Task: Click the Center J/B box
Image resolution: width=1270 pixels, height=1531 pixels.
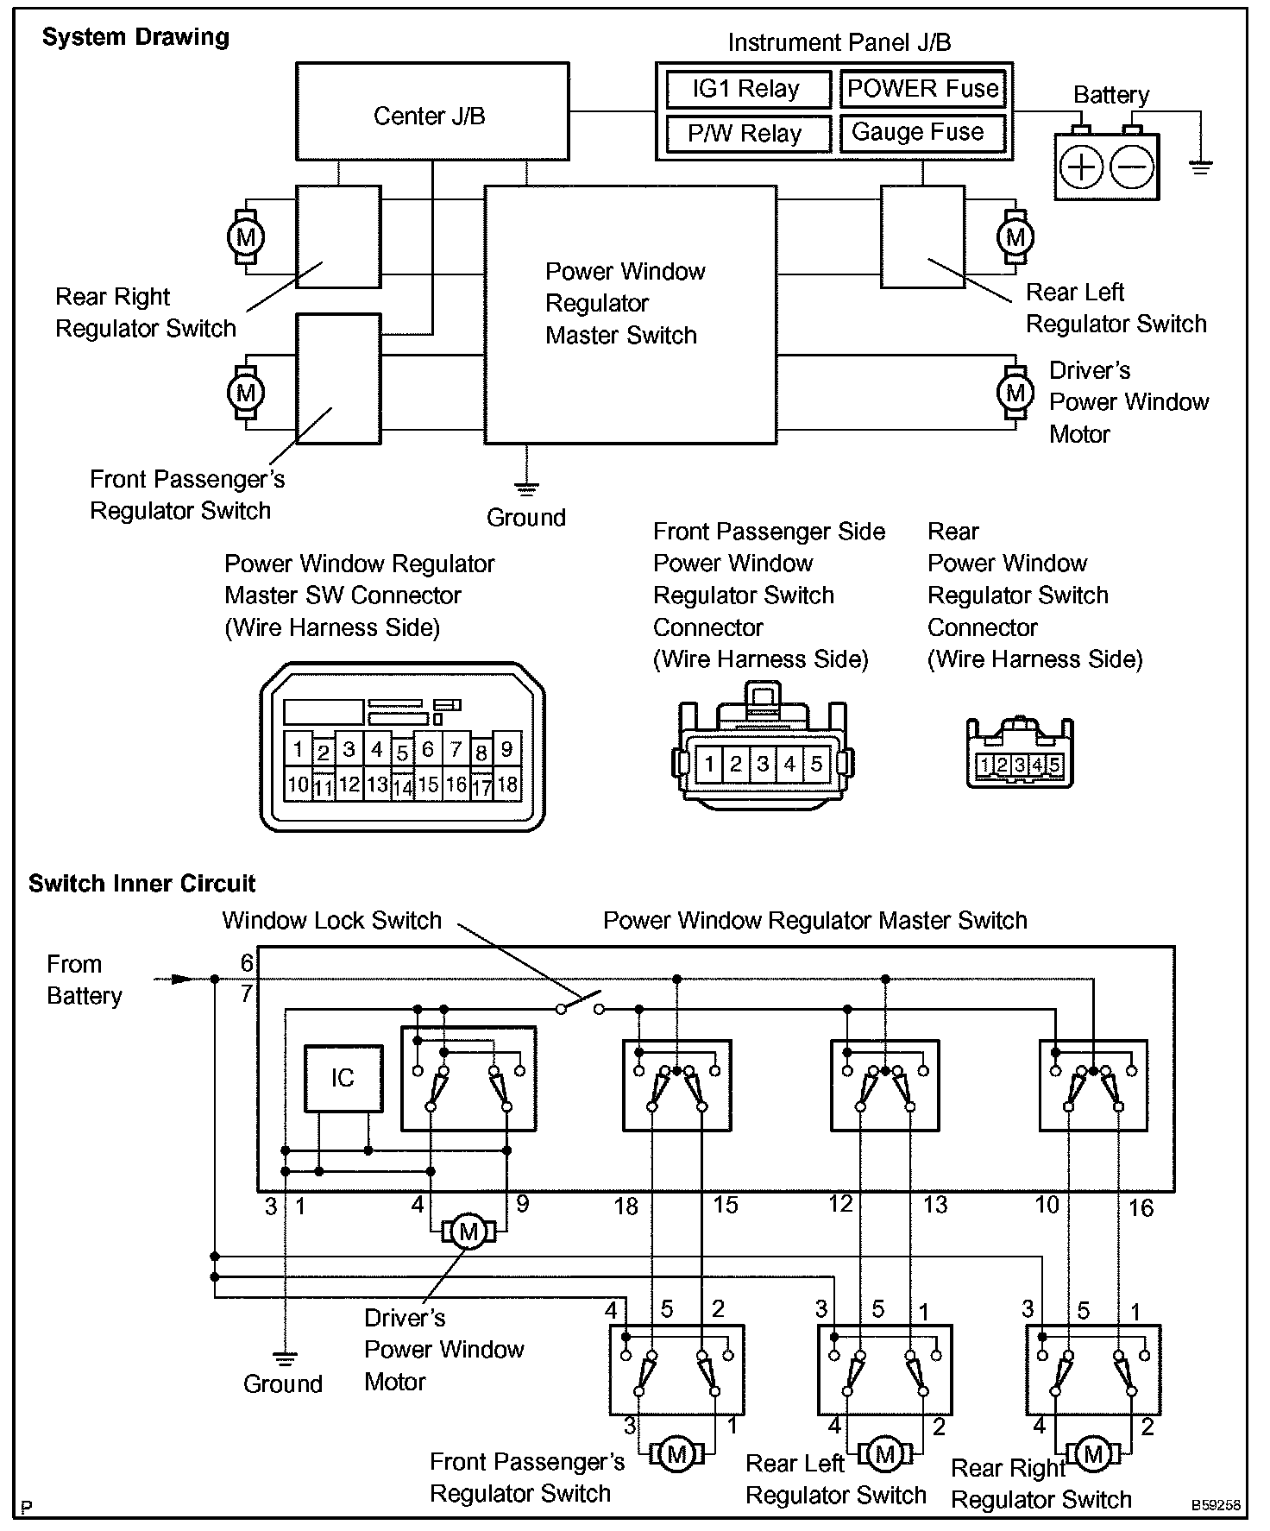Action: click(x=431, y=112)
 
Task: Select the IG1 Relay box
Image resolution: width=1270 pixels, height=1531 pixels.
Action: click(x=746, y=89)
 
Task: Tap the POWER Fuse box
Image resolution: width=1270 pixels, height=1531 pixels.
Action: click(x=922, y=89)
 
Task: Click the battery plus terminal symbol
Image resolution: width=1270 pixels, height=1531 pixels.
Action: click(x=1081, y=167)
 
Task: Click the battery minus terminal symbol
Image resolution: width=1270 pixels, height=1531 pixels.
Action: click(x=1131, y=167)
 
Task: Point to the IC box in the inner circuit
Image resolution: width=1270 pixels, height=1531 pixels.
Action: click(x=343, y=1078)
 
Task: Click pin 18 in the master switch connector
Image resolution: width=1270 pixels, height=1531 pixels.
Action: click(x=506, y=784)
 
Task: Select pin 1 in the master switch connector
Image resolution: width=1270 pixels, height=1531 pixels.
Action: click(x=298, y=748)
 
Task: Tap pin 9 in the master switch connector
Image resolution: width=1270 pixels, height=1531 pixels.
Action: click(x=506, y=748)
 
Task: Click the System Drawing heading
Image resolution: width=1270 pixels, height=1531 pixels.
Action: click(x=135, y=37)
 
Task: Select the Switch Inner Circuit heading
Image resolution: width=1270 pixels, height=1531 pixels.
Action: click(x=141, y=883)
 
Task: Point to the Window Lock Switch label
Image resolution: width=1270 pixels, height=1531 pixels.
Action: click(x=332, y=920)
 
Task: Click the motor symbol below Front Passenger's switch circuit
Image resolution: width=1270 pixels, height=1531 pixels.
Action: click(x=677, y=1455)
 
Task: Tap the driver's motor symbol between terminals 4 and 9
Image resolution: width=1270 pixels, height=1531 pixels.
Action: click(x=468, y=1232)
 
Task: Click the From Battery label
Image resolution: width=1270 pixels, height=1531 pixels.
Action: click(x=84, y=980)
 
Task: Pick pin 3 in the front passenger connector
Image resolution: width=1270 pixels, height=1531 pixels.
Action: click(x=763, y=764)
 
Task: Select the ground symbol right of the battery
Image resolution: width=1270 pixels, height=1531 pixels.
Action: click(x=1200, y=166)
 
